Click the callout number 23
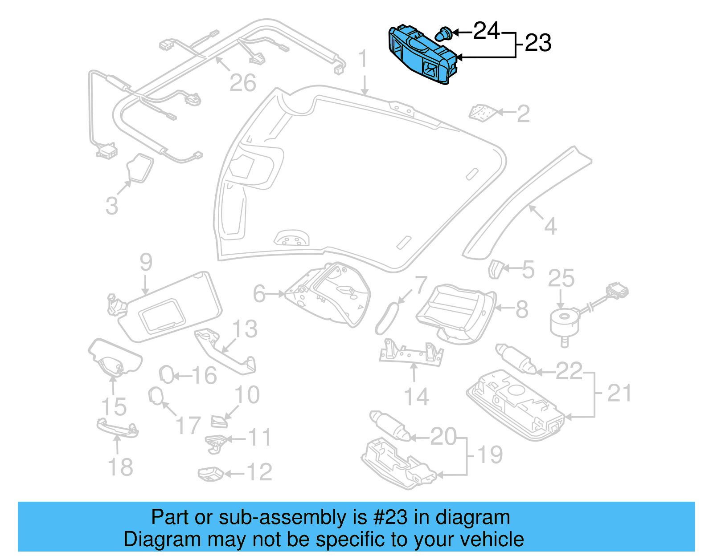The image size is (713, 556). [x=538, y=43]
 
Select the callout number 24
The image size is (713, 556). [x=486, y=31]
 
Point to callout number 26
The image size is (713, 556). [x=242, y=83]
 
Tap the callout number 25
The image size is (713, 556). [x=561, y=279]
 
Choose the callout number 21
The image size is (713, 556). [x=619, y=394]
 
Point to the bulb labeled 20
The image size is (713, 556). [x=389, y=425]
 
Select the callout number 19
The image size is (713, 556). [x=490, y=455]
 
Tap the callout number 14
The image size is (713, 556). [x=416, y=397]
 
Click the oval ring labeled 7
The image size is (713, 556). [x=385, y=318]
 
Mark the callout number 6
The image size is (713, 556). [x=259, y=294]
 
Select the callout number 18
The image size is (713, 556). [x=120, y=467]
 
